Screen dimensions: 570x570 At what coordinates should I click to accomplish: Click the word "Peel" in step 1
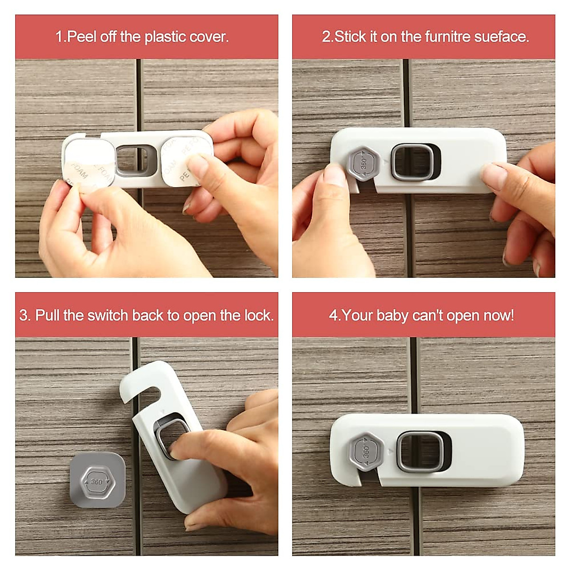82,37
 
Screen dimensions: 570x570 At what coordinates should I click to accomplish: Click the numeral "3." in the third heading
25,315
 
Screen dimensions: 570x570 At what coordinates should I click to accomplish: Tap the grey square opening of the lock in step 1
129,159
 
